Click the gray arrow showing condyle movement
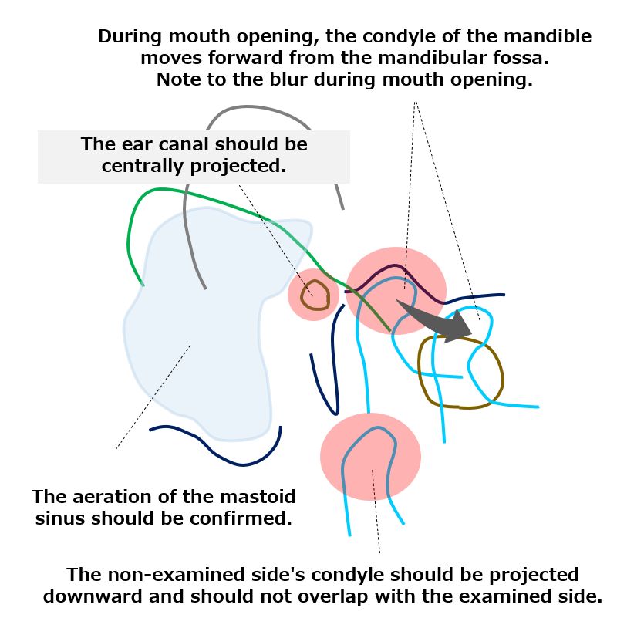[437, 319]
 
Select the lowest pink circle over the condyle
[370, 457]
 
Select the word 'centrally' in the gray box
[143, 166]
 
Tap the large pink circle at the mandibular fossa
[396, 291]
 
